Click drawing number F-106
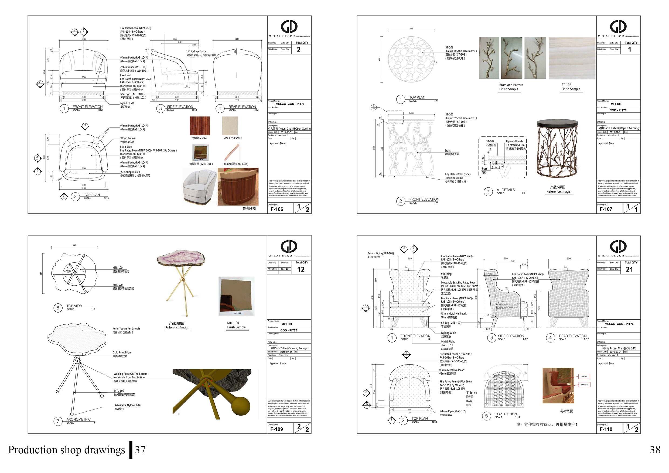pos(277,209)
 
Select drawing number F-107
pos(606,209)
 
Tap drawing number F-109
pos(277,429)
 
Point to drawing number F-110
pos(606,429)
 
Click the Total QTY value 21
pos(629,269)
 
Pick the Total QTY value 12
pos(301,269)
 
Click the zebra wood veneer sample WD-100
pos(200,126)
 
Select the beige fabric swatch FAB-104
pos(230,126)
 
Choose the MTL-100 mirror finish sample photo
pos(236,296)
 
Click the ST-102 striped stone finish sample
pos(571,58)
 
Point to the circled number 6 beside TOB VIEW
pos(58,308)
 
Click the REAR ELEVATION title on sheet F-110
pos(572,336)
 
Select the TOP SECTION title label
pos(506,414)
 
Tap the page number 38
pos(655,450)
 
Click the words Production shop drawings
pos(66,450)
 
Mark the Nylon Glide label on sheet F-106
pos(127,103)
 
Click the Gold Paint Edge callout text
pos(122,352)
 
